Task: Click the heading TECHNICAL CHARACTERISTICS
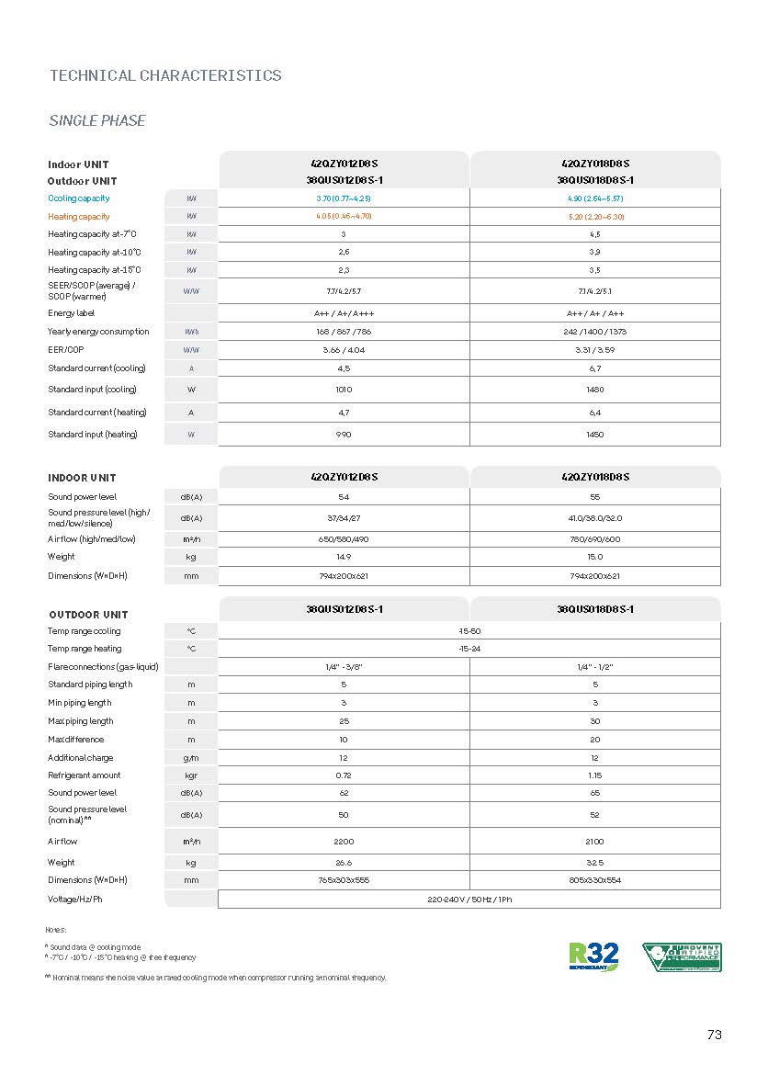[165, 75]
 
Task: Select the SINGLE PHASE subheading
[96, 121]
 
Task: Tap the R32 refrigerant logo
[593, 956]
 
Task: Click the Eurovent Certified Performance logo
[681, 956]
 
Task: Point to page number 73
[715, 1035]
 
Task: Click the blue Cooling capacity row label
[79, 198]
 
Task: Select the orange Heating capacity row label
[79, 217]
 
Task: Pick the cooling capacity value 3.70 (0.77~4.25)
[344, 198]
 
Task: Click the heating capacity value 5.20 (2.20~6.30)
[595, 217]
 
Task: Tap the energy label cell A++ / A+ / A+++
[344, 313]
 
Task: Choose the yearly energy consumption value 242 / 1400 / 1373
[595, 332]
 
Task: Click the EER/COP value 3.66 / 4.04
[344, 350]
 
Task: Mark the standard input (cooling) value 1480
[595, 390]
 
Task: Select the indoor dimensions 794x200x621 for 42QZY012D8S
[344, 576]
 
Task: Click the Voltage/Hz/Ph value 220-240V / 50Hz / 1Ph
[469, 900]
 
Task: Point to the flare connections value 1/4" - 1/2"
[595, 666]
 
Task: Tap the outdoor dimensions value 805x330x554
[595, 880]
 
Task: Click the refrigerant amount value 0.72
[344, 775]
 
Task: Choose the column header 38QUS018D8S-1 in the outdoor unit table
[595, 609]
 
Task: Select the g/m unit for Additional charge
[191, 758]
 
